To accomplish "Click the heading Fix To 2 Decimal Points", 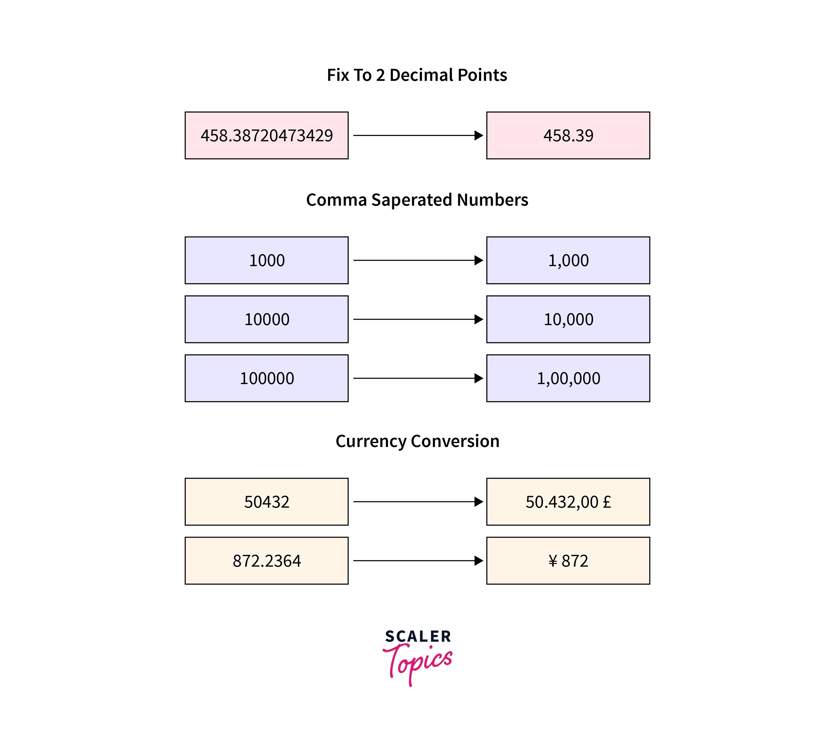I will point(417,75).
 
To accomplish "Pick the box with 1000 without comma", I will point(266,260).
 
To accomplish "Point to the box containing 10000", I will point(266,319).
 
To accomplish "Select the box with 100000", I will point(266,378).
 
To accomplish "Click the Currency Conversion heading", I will point(417,441).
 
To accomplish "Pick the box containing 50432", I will point(266,502).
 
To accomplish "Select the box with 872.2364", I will point(266,561).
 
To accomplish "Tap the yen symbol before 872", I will point(553,561).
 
